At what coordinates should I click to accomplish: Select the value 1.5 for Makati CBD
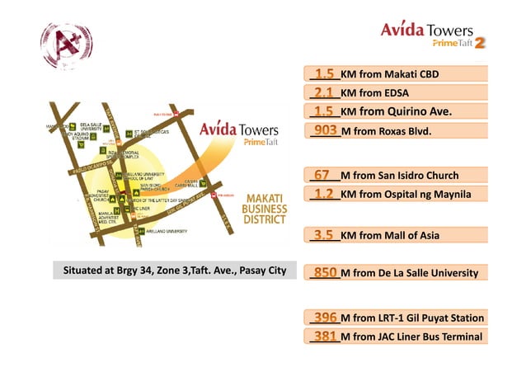[x=323, y=74]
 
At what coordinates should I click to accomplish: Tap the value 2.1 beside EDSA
[x=323, y=93]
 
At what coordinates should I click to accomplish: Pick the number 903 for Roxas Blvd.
[x=325, y=130]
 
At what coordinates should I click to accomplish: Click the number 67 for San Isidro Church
[x=322, y=175]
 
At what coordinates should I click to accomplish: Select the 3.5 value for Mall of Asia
[x=323, y=235]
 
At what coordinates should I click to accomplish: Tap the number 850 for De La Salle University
[x=325, y=272]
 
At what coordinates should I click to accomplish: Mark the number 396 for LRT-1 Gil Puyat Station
[x=325, y=318]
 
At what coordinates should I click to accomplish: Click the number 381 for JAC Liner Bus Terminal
[x=325, y=336]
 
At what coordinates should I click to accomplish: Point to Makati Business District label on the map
[x=265, y=209]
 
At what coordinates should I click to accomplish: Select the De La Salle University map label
[x=90, y=126]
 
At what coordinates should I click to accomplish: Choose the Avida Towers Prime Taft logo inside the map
[x=240, y=134]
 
